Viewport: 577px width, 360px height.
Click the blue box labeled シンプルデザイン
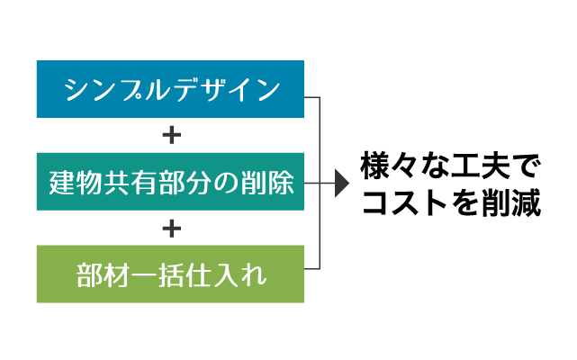(170, 89)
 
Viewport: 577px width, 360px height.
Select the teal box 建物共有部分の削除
(170, 182)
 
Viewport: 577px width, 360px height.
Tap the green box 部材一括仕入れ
(170, 274)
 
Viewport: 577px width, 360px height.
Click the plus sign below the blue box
(172, 135)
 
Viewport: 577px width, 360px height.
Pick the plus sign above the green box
(172, 229)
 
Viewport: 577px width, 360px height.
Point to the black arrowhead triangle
(342, 183)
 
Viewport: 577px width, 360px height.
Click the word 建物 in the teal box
(76, 182)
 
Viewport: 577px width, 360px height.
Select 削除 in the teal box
(267, 182)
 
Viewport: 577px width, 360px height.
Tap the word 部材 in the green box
(103, 275)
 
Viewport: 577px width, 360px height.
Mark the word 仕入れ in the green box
(226, 275)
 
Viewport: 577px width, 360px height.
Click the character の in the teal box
(226, 183)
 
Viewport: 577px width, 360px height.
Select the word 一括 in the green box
(158, 275)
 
